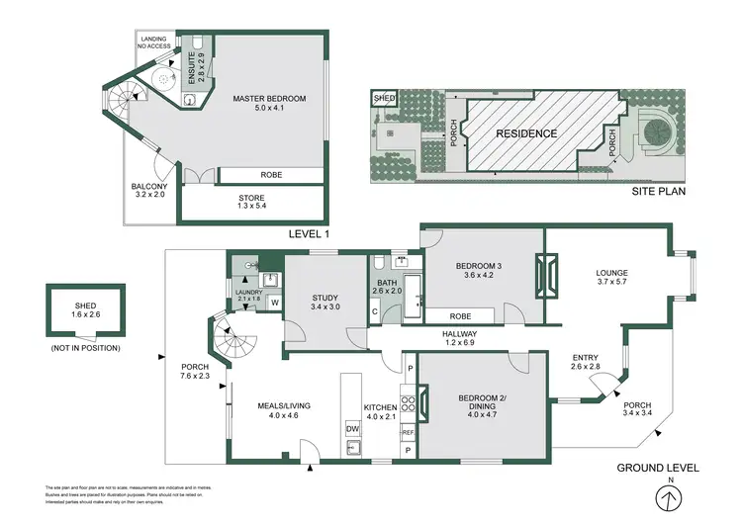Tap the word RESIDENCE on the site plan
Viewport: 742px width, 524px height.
tap(526, 133)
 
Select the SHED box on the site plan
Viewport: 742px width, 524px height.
tap(382, 99)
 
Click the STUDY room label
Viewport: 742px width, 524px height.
tap(324, 301)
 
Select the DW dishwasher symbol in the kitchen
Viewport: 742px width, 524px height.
tap(351, 428)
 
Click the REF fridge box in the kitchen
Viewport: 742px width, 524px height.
tap(408, 432)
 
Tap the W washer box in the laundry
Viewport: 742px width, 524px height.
tap(274, 303)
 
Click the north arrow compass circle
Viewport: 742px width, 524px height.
tap(671, 500)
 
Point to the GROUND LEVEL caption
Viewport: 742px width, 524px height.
tap(658, 468)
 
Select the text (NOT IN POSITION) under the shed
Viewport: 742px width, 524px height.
tap(84, 349)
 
